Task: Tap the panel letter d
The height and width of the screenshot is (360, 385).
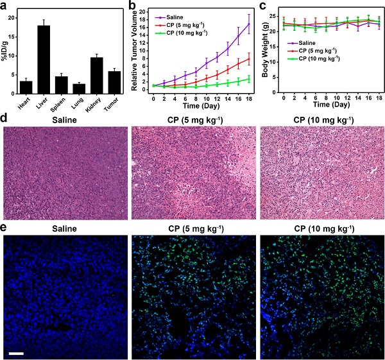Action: (x=5, y=120)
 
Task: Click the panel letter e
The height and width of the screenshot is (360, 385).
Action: (x=5, y=228)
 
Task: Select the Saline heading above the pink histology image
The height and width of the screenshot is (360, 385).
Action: (x=64, y=119)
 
